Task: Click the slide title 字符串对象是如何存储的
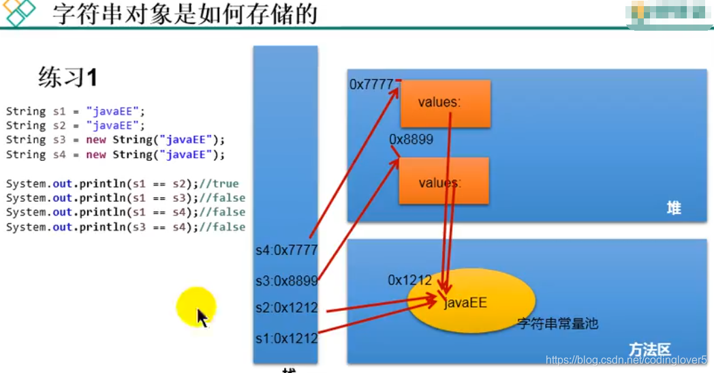[185, 14]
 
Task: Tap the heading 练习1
[67, 78]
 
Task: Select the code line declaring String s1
[76, 110]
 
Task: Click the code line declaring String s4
[115, 154]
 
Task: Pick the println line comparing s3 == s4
[125, 227]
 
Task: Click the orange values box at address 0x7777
[445, 103]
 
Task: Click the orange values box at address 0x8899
[444, 181]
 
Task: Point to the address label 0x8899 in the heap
[411, 140]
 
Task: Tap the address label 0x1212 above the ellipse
[409, 280]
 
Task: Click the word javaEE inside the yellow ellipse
[466, 302]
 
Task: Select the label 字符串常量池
[557, 324]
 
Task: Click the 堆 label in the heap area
[673, 208]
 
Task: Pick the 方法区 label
[650, 350]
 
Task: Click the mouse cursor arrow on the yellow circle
[202, 318]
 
